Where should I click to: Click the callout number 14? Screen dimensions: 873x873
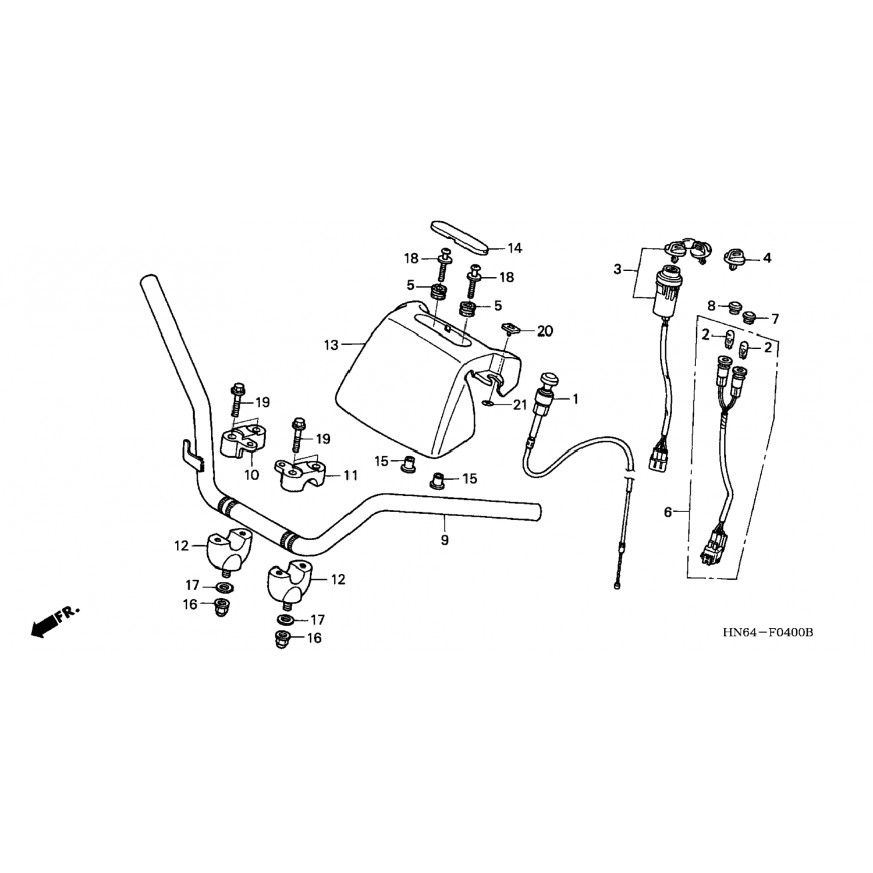click(x=514, y=249)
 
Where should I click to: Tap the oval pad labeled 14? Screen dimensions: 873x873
click(x=459, y=236)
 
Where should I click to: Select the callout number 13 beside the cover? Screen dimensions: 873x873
click(x=331, y=345)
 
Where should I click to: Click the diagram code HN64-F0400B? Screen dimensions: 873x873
click(x=767, y=633)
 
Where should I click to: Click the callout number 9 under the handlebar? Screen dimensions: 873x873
click(x=445, y=540)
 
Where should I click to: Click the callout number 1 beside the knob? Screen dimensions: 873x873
click(x=575, y=399)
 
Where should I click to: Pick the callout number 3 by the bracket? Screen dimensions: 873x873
click(x=618, y=269)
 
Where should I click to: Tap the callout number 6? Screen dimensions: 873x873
click(x=668, y=512)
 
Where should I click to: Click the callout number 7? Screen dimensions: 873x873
click(x=775, y=318)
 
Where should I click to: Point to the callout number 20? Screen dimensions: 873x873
click(x=545, y=331)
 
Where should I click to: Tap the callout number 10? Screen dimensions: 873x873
click(x=251, y=475)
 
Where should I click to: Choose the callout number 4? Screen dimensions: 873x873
click(x=767, y=257)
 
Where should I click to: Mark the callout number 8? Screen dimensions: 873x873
click(x=711, y=305)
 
